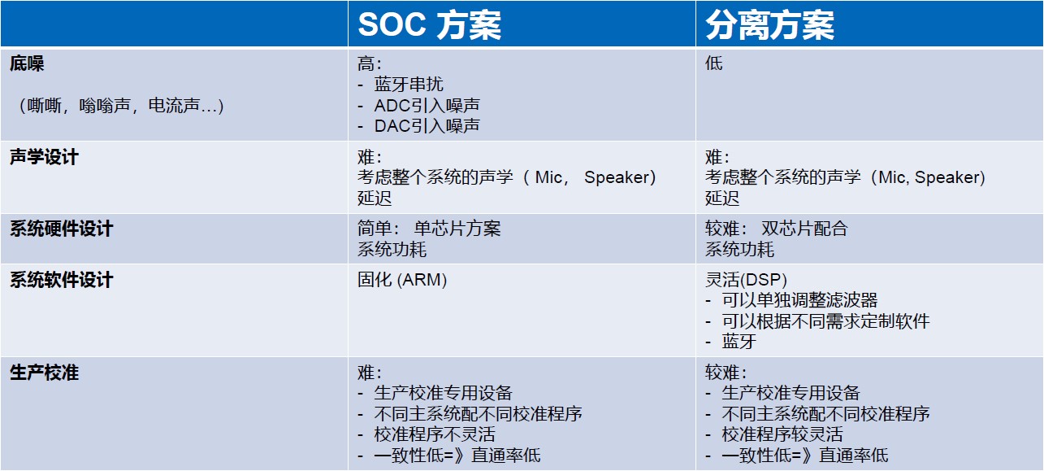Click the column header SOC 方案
429,25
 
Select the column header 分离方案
769,25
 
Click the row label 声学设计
44,157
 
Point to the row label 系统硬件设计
61,229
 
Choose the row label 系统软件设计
61,281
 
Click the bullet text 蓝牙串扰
409,85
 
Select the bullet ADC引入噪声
427,106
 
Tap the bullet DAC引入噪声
427,126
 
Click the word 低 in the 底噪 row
713,63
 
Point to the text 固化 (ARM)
402,281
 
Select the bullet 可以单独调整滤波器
799,301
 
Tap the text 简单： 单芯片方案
429,229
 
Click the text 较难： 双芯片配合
776,229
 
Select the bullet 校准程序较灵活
782,434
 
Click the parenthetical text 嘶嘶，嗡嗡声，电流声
120,106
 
